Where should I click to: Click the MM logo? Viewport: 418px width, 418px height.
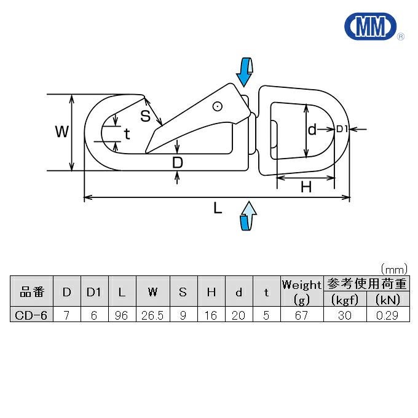(x=371, y=26)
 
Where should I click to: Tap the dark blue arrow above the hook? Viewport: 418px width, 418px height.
(x=244, y=71)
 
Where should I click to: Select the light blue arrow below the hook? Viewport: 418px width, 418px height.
(x=248, y=216)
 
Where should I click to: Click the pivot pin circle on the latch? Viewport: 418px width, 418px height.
(x=218, y=106)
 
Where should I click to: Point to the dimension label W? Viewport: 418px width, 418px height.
(x=62, y=132)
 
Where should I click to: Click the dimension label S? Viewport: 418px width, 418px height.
(x=145, y=116)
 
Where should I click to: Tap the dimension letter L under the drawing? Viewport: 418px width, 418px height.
(x=218, y=208)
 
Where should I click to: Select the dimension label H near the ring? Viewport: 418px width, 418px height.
(x=306, y=187)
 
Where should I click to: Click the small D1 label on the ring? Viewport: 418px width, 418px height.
(x=342, y=129)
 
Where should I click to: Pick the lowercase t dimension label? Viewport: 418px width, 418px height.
(x=127, y=134)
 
